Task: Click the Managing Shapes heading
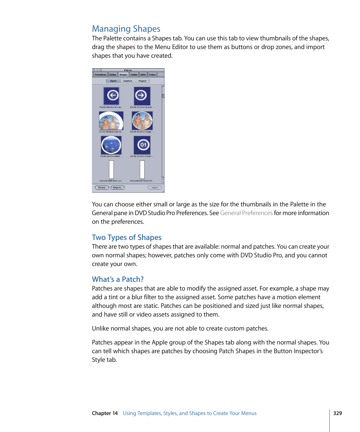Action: (126, 29)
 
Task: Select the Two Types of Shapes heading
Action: (127, 237)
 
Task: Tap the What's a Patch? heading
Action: (118, 279)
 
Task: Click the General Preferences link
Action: (246, 213)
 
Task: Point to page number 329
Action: (337, 413)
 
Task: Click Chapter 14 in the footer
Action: (105, 413)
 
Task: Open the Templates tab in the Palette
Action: (100, 75)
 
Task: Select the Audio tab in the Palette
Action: (134, 75)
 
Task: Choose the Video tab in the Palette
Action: (152, 75)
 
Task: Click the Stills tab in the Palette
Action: (143, 75)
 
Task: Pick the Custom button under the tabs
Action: (128, 81)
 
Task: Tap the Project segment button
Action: (142, 81)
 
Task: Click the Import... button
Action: (117, 188)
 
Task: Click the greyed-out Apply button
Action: (155, 188)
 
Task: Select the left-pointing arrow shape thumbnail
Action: (111, 96)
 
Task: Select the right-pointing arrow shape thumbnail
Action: (142, 96)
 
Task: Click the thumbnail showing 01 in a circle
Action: (142, 145)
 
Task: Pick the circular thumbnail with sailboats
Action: (111, 145)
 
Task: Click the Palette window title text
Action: (128, 70)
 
